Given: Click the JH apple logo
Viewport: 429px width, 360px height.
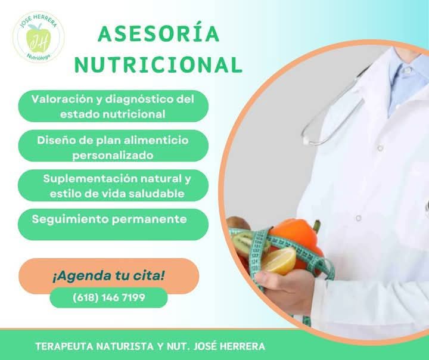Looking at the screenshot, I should (x=39, y=37).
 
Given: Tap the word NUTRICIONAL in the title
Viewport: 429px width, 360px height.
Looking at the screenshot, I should (x=159, y=64).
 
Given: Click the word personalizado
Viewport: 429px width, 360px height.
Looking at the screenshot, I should (x=113, y=156).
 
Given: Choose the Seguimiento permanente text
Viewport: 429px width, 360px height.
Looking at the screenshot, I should (x=110, y=219).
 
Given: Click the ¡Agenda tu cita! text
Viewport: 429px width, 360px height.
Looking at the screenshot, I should (x=108, y=275).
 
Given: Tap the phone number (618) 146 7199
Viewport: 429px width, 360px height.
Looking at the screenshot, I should (x=108, y=297).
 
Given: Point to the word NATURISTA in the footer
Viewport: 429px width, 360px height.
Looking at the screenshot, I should (x=122, y=346).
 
